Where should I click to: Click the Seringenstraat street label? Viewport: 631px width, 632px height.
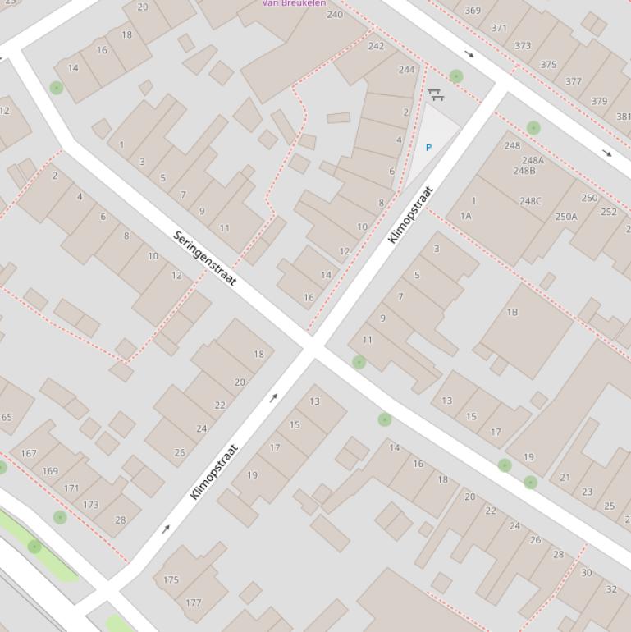pyautogui.click(x=205, y=259)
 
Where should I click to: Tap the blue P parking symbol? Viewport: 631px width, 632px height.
pyautogui.click(x=428, y=148)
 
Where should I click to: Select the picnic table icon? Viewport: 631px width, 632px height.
pyautogui.click(x=436, y=96)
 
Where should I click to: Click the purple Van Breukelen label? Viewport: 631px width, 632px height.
pyautogui.click(x=293, y=3)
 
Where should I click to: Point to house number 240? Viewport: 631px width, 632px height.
pyautogui.click(x=335, y=15)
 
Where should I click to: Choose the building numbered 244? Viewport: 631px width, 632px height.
pyautogui.click(x=407, y=70)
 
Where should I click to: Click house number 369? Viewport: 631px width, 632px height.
pyautogui.click(x=473, y=11)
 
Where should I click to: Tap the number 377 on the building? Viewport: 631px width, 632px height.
pyautogui.click(x=574, y=81)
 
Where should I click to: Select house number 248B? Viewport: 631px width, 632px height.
pyautogui.click(x=524, y=171)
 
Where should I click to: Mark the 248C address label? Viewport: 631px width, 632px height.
pyautogui.click(x=530, y=201)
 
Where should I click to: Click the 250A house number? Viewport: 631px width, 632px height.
pyautogui.click(x=566, y=217)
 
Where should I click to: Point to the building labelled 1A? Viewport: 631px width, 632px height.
pyautogui.click(x=466, y=216)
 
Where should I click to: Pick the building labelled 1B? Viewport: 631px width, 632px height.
pyautogui.click(x=512, y=312)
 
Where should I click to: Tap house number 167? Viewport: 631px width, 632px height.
pyautogui.click(x=29, y=453)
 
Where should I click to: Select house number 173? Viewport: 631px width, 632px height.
pyautogui.click(x=90, y=505)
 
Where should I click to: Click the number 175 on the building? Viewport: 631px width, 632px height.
pyautogui.click(x=171, y=579)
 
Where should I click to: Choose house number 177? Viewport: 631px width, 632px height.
pyautogui.click(x=193, y=602)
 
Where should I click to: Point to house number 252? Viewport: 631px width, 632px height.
pyautogui.click(x=608, y=212)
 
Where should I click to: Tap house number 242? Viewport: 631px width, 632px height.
pyautogui.click(x=376, y=46)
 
